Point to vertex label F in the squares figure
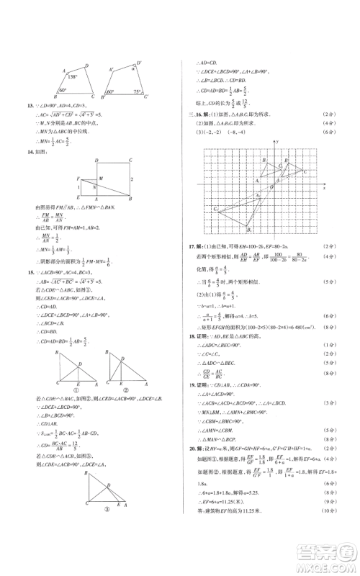click(77, 177)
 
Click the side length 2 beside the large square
click(131, 179)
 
